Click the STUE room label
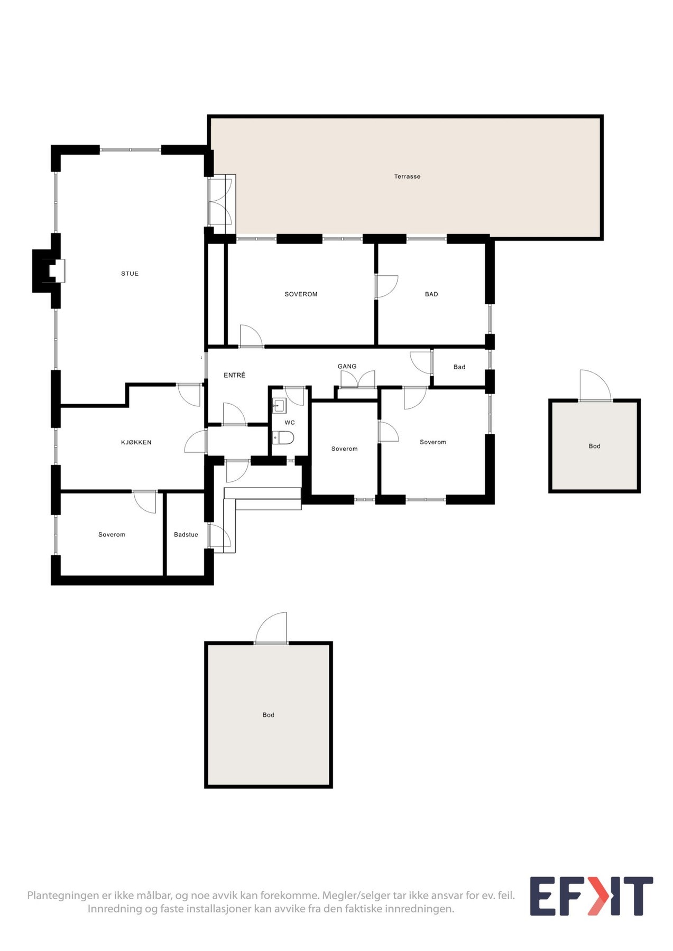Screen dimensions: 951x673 point(130,274)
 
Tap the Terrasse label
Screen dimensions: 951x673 point(407,176)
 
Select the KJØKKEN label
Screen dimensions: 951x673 point(136,443)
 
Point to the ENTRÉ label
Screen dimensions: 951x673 point(234,376)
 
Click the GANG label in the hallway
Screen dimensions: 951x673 point(347,366)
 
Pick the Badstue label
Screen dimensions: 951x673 point(186,535)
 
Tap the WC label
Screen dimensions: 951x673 point(290,423)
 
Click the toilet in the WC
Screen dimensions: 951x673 point(283,437)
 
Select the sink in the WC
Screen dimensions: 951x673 point(279,406)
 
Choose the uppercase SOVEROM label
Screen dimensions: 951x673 point(301,294)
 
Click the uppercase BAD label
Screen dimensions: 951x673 point(431,294)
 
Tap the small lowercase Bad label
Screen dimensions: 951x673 point(459,367)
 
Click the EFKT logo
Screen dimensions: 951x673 point(591,897)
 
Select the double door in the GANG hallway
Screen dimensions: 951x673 point(358,380)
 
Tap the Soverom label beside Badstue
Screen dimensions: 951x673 point(112,535)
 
